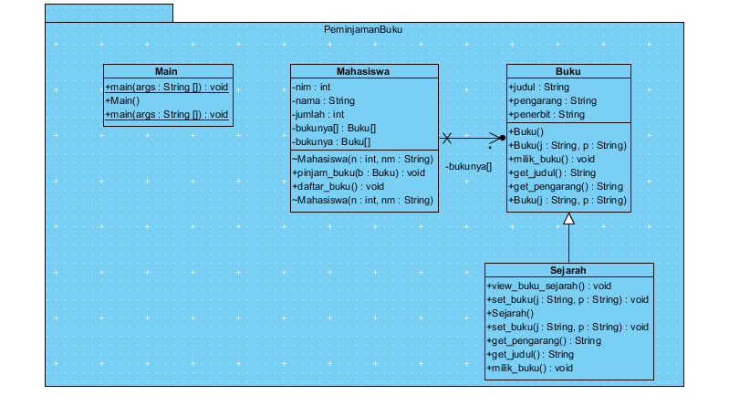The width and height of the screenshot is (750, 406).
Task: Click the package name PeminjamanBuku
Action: [363, 29]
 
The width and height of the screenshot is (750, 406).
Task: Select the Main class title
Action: [166, 72]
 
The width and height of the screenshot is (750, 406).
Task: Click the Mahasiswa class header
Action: [364, 72]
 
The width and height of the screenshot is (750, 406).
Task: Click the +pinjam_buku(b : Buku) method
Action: [359, 172]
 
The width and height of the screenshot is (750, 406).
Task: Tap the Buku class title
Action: [568, 72]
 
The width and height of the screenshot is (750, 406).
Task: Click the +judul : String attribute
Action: [538, 87]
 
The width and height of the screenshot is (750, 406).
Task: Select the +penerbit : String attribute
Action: [547, 115]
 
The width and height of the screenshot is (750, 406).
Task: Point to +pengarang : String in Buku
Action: [552, 100]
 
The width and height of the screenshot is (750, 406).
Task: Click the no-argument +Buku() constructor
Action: [527, 131]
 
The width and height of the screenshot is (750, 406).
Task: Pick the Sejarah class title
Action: [568, 271]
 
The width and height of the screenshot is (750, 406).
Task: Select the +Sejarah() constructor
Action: [512, 313]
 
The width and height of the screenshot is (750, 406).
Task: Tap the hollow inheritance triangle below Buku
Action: [568, 219]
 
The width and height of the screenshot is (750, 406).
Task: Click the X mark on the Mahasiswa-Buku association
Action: [447, 139]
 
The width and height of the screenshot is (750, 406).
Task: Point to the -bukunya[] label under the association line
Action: [469, 166]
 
